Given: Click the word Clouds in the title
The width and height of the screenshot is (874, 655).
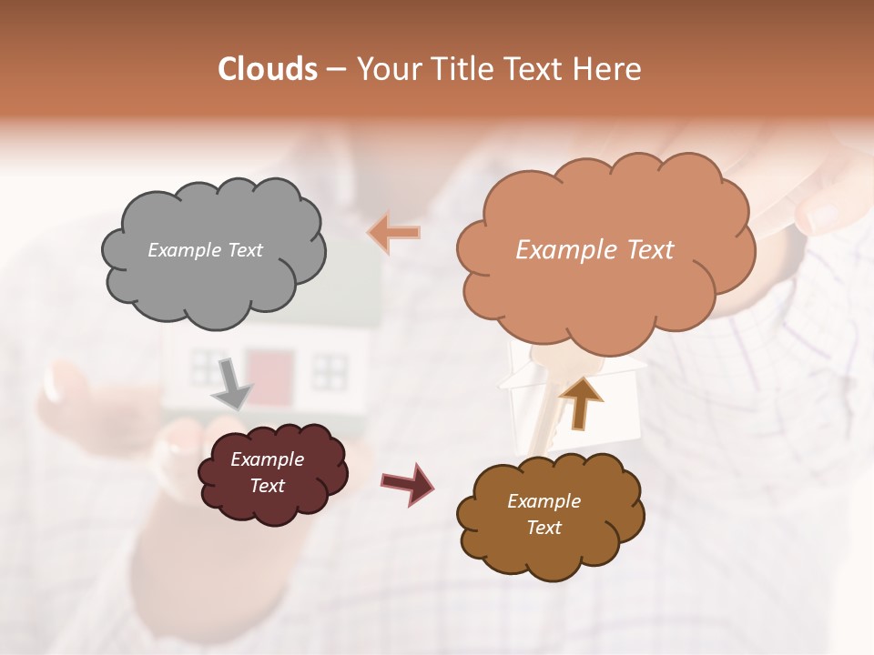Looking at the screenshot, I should tap(268, 69).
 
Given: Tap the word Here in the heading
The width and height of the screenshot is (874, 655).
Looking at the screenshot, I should tap(611, 69).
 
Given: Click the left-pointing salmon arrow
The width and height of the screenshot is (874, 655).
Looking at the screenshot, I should tap(393, 233).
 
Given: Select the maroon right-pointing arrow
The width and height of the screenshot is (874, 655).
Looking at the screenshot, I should tap(407, 483).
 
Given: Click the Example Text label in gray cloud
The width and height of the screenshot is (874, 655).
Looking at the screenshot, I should tap(205, 250).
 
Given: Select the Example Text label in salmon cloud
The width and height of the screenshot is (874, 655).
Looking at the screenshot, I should tap(595, 250).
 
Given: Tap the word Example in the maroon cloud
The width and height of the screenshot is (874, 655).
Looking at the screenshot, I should tap(267, 460).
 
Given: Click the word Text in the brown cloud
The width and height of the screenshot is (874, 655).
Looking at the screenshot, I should tap(544, 529).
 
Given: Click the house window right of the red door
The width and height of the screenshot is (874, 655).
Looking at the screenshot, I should tap(330, 368).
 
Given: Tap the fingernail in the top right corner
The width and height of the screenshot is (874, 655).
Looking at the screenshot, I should tap(822, 216).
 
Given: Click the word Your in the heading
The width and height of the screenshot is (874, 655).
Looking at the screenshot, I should tap(385, 69).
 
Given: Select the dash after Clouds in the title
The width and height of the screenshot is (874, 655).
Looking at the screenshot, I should tap(335, 69).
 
